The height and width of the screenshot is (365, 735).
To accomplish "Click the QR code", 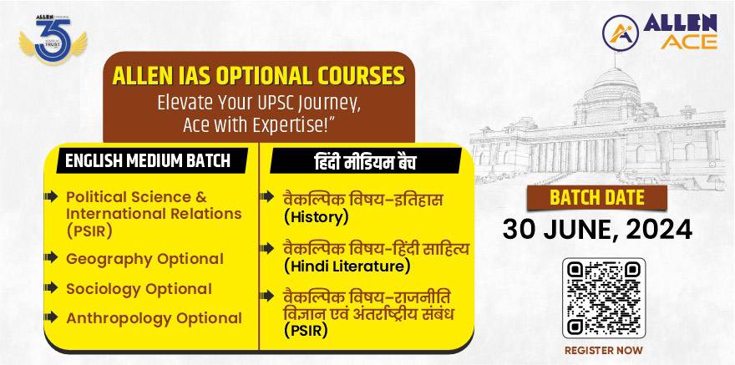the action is (x=604, y=298).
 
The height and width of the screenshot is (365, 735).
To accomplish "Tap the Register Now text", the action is (x=604, y=351).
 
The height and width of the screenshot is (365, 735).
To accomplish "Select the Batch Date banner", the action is (x=596, y=198).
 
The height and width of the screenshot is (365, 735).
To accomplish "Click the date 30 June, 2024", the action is (x=598, y=230).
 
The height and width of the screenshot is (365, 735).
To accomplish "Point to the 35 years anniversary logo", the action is (x=53, y=39).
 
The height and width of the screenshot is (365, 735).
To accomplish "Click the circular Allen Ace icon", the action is (x=620, y=33).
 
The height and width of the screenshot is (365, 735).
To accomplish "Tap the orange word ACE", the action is (x=688, y=42).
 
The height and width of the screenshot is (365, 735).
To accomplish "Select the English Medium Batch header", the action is (x=148, y=160).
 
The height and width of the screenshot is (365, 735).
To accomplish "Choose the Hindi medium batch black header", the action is (x=365, y=160).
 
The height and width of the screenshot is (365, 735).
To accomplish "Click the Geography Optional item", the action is (x=144, y=259).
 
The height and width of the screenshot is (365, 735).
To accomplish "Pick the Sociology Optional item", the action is (x=139, y=289).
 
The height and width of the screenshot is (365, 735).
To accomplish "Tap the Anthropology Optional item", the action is (x=155, y=318).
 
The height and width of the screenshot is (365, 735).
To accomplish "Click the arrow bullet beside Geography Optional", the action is (x=51, y=257).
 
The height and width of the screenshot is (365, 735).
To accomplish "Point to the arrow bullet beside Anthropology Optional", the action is (x=51, y=317).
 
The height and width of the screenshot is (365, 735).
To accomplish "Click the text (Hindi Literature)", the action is (x=347, y=266).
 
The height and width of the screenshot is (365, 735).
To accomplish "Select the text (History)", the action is (x=316, y=217).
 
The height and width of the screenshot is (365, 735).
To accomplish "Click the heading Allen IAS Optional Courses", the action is (x=259, y=76).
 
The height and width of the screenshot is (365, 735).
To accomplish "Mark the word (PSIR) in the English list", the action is (x=89, y=231).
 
